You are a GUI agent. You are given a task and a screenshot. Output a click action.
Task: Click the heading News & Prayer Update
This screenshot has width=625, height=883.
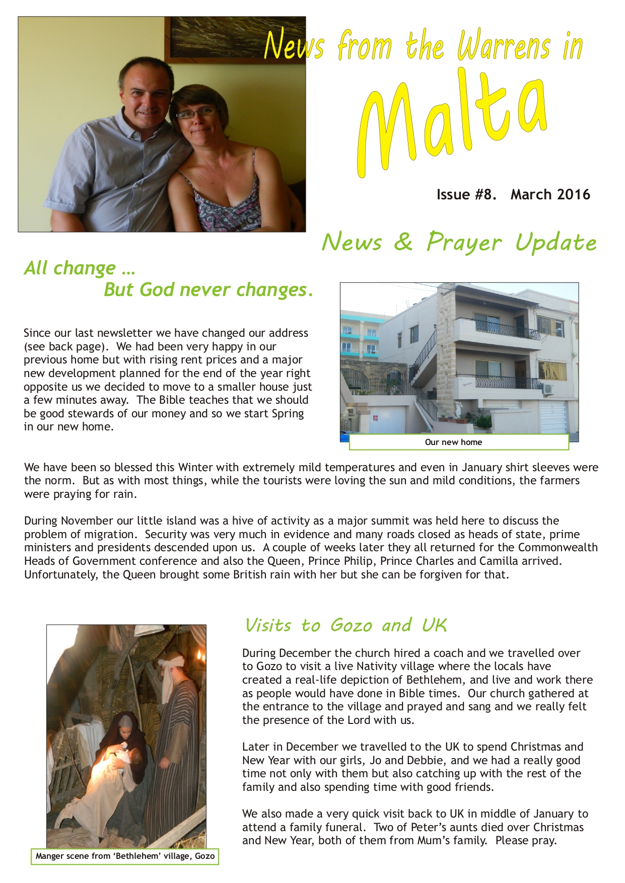[x=459, y=242]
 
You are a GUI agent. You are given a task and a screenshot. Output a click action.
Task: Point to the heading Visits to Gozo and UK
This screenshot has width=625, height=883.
[x=345, y=625]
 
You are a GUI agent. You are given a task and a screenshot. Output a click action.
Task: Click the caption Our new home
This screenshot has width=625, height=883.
[x=453, y=442]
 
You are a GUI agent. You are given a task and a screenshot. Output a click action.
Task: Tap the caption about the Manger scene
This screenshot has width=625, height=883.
[x=125, y=856]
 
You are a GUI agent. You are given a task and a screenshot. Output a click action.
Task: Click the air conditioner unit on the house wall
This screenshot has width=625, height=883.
[x=547, y=389]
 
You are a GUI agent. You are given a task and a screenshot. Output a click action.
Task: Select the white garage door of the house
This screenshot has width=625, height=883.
[x=552, y=416]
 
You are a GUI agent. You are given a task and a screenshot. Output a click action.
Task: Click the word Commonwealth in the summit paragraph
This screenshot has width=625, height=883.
[x=558, y=548]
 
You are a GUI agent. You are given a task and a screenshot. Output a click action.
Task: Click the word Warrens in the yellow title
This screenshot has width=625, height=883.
[x=504, y=47]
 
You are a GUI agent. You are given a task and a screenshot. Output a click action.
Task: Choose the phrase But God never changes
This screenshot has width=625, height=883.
[x=208, y=290]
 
